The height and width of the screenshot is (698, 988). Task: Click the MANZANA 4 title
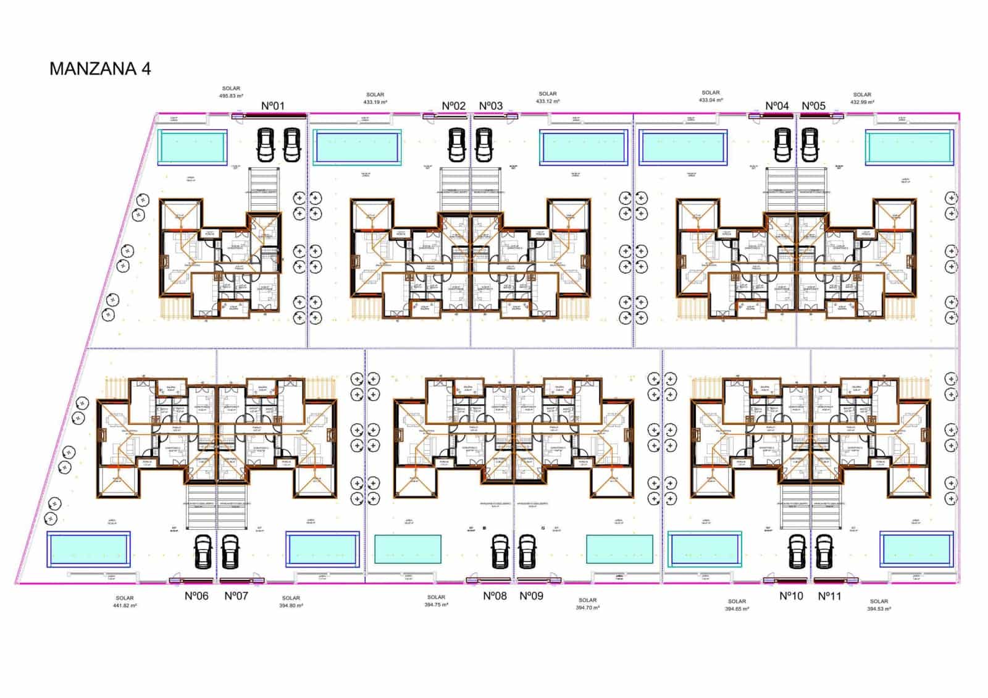click(x=100, y=69)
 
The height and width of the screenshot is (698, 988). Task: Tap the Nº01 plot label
click(x=272, y=106)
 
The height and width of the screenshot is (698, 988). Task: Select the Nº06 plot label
click(x=196, y=596)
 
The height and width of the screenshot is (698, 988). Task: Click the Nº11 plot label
click(x=829, y=596)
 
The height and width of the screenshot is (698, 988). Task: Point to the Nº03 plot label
click(x=491, y=106)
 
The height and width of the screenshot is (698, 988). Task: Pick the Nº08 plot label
click(x=495, y=596)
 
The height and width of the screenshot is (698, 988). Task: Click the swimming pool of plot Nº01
click(x=191, y=147)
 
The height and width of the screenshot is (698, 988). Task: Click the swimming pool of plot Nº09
click(x=619, y=549)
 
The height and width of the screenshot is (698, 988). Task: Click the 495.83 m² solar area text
click(x=231, y=96)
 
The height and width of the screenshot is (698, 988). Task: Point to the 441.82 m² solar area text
click(x=124, y=606)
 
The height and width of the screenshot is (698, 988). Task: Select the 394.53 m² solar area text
click(x=879, y=609)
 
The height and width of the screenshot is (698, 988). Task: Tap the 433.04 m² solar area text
click(x=711, y=100)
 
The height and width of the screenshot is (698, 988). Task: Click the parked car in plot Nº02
click(x=456, y=145)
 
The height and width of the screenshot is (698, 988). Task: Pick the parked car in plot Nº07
click(x=230, y=551)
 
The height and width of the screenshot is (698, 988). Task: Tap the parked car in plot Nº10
click(x=797, y=551)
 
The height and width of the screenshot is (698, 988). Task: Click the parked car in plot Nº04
click(x=782, y=145)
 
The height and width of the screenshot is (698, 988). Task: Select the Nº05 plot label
click(x=813, y=106)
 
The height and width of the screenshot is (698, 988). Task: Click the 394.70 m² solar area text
click(x=587, y=608)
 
